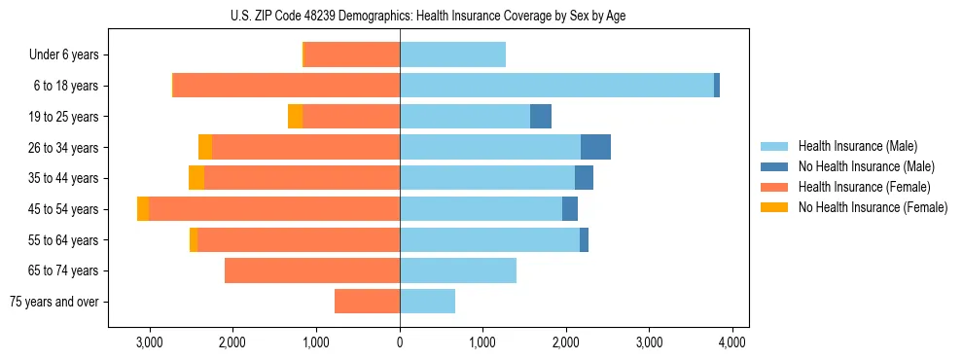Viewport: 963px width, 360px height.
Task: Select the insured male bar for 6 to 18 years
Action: click(556, 86)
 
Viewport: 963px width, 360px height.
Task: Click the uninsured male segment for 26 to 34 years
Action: click(595, 147)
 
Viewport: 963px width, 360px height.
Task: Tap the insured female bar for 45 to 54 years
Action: click(274, 209)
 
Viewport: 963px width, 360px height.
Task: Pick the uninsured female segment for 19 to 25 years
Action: click(295, 117)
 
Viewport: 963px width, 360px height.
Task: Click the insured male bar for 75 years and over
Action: click(427, 302)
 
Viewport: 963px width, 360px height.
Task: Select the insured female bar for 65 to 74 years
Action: click(312, 270)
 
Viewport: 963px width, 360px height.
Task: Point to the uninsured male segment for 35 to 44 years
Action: click(584, 178)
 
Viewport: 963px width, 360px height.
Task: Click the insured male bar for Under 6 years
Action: click(452, 54)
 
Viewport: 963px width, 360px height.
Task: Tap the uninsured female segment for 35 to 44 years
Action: click(196, 178)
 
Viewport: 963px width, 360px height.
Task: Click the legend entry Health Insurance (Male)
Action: click(857, 146)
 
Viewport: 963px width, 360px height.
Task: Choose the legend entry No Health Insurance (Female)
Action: click(873, 207)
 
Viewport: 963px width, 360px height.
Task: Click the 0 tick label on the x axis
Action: click(400, 342)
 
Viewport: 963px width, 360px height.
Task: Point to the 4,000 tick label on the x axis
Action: click(732, 342)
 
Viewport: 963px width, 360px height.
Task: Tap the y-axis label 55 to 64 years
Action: click(63, 240)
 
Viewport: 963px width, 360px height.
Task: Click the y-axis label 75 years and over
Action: click(54, 302)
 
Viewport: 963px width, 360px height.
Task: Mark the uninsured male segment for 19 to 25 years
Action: click(541, 117)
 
